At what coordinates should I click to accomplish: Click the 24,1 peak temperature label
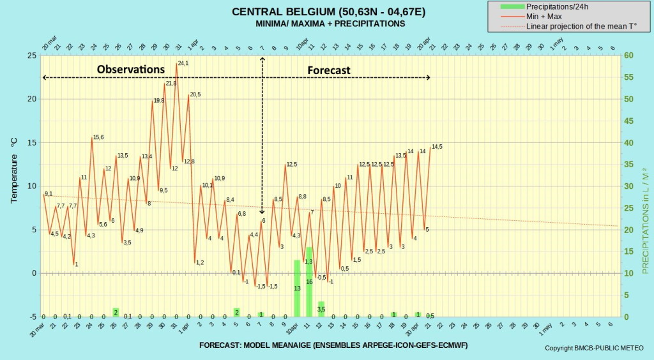[x=184, y=63]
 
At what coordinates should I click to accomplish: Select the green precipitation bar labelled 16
[x=309, y=281]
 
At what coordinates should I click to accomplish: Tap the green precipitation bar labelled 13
[x=297, y=287]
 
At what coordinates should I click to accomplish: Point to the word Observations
[x=130, y=69]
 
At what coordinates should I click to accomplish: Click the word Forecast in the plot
[x=328, y=70]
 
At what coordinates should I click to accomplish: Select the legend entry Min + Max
[x=544, y=17]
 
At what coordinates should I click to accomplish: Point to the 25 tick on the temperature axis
[x=31, y=56]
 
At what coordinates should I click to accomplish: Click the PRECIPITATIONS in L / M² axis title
[x=644, y=221]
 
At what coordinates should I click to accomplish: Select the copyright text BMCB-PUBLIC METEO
[x=594, y=348]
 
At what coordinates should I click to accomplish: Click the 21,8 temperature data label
[x=171, y=84]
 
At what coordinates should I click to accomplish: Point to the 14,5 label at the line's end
[x=437, y=147]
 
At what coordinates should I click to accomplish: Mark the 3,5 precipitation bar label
[x=321, y=310]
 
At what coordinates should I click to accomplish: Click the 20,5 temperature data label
[x=195, y=94]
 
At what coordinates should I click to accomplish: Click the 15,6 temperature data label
[x=98, y=137]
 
